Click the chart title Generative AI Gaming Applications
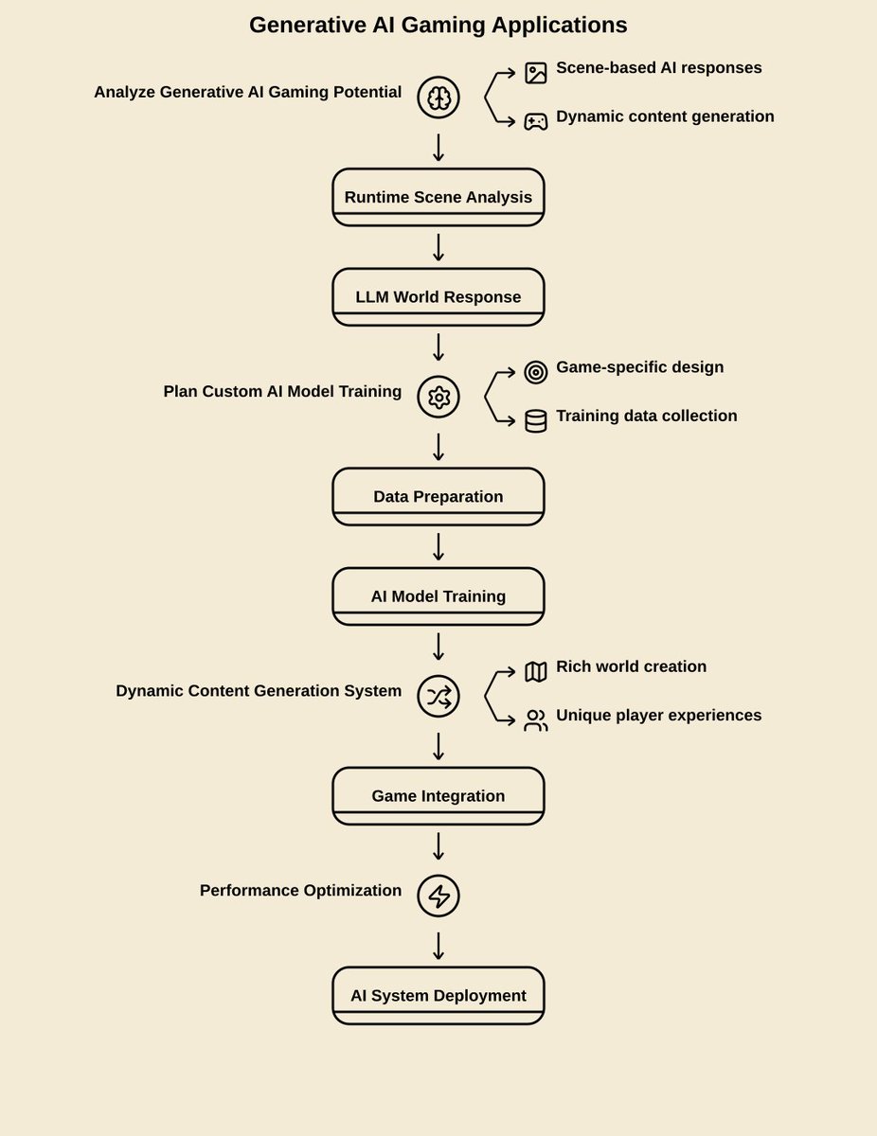438,26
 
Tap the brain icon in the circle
438,98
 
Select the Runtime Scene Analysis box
438,197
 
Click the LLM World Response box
438,296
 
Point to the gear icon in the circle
438,397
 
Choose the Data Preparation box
438,496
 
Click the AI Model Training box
438,596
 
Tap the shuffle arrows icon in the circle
438,697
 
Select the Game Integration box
438,795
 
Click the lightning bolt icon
438,896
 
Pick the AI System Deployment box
438,995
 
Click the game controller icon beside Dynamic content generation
536,121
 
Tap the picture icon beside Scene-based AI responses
536,73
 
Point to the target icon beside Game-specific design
536,372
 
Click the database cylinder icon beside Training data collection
536,420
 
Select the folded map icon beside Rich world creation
536,672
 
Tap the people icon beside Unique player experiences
536,720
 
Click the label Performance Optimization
300,891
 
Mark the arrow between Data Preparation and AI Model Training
438,546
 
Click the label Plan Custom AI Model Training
282,392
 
